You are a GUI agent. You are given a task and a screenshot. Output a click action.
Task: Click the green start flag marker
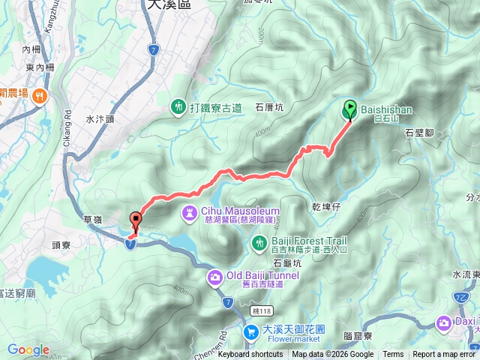[349, 109]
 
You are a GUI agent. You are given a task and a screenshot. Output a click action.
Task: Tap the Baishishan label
[386, 109]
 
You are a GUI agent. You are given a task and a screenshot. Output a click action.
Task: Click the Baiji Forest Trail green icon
[259, 242]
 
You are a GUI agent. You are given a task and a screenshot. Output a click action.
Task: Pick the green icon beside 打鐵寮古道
[178, 107]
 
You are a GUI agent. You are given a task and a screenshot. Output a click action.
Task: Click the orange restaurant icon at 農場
[40, 94]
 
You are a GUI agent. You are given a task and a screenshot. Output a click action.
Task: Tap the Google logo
[28, 349]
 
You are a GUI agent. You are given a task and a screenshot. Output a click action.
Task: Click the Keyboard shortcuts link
[250, 355]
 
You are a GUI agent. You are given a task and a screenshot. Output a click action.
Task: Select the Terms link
[393, 355]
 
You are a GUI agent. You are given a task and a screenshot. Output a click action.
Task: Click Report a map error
[444, 355]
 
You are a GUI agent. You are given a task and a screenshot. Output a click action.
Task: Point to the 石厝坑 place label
[270, 107]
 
